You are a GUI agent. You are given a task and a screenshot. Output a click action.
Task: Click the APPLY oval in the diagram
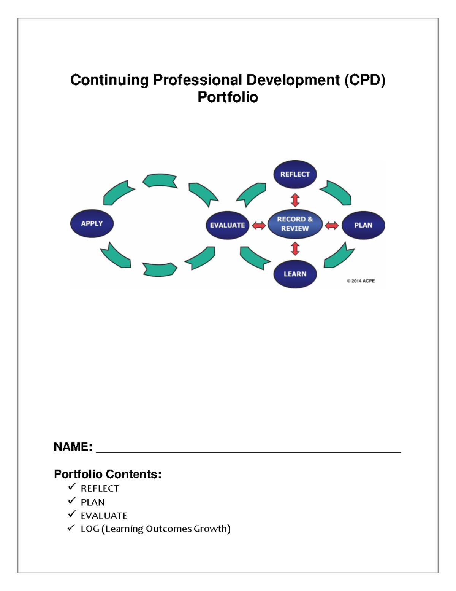click(92, 223)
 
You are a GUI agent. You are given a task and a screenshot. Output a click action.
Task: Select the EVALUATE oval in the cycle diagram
click(227, 225)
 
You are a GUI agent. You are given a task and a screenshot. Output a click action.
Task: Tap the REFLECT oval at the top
click(295, 174)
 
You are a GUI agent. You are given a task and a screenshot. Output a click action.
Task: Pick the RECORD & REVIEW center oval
click(295, 224)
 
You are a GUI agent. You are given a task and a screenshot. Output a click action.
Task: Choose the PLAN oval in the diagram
click(363, 225)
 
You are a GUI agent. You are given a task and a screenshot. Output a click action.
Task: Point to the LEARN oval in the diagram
click(295, 274)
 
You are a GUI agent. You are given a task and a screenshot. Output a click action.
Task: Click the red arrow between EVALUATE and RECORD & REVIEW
click(259, 226)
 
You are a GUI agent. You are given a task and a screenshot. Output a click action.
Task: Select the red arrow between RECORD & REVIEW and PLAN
click(332, 226)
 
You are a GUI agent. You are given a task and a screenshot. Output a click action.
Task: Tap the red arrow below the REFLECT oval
click(295, 200)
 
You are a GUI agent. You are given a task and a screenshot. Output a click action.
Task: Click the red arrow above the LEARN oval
click(295, 249)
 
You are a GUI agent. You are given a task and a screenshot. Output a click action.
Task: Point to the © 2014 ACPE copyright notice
click(361, 281)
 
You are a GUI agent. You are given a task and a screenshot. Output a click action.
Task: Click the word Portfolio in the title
click(228, 97)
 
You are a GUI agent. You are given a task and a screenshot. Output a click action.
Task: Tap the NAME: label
click(73, 446)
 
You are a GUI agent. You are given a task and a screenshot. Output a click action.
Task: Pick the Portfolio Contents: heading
click(108, 474)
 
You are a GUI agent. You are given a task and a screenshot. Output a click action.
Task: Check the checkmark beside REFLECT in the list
click(72, 487)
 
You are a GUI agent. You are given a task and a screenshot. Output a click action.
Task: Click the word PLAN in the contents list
click(93, 502)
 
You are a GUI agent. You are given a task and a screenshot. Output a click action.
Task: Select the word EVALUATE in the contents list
click(104, 516)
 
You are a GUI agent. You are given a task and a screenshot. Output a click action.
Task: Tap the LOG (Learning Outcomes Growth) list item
click(155, 529)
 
